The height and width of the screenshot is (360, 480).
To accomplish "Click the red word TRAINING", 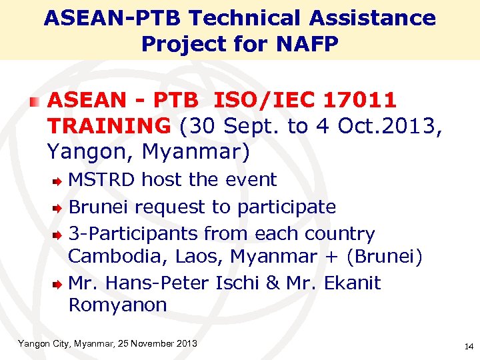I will pos(109,125).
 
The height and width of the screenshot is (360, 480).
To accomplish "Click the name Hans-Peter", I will pos(161,283).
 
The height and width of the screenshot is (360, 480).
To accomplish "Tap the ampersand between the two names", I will pos(272,283).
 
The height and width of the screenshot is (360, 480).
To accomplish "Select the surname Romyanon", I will pos(117,305).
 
